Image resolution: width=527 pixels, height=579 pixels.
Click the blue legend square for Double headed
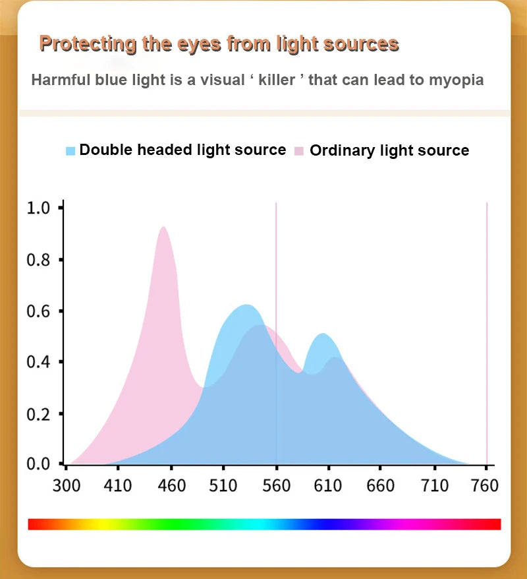pos(71,151)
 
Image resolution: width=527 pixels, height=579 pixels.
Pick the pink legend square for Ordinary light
pos(299,151)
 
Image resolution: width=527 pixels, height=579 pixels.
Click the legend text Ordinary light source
pos(389,150)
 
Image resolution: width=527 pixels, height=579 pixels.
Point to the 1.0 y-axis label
pos(38,208)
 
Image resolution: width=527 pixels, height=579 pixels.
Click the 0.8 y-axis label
pos(38,260)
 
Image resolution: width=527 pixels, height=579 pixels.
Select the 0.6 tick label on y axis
pos(38,311)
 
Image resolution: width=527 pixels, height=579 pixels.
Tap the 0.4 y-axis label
pos(38,362)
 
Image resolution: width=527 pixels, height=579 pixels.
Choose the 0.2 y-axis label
pos(38,413)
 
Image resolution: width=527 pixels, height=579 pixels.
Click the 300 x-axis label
pos(67,487)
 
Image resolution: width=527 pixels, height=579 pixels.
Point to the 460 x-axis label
pos(171,487)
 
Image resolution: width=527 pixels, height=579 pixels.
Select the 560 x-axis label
pos(276,487)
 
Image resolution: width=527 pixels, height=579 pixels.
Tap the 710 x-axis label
pos(434,487)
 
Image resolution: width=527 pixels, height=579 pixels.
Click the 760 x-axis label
pos(485,487)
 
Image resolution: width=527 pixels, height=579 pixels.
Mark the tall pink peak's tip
pos(162,228)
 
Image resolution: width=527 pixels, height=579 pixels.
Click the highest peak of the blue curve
pos(246,305)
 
